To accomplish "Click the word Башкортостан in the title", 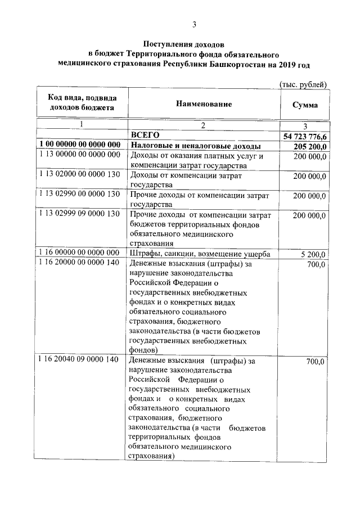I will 236,65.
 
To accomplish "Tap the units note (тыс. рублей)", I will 303,84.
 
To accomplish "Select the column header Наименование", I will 204,105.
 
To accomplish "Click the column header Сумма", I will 305,105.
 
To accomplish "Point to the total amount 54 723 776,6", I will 305,136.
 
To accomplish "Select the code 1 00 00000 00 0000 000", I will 80,145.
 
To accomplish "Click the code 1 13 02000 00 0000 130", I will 80,174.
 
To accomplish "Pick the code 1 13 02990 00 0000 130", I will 80,194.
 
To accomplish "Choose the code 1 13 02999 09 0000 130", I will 80,214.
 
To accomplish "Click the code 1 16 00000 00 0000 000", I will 80,253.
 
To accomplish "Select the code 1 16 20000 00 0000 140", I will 80,262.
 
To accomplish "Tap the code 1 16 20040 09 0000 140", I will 80,359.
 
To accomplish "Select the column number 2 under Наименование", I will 204,125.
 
